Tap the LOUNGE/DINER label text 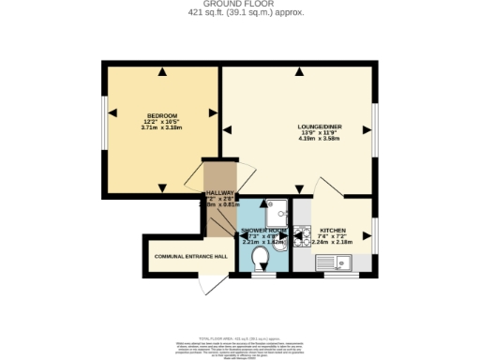(319, 127)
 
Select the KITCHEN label (333, 231)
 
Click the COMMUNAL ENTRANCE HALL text (190, 256)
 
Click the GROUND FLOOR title (239, 4)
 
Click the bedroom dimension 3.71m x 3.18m (162, 127)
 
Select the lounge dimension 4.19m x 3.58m (319, 140)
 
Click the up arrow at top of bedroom (163, 72)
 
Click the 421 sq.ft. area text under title (239, 12)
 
